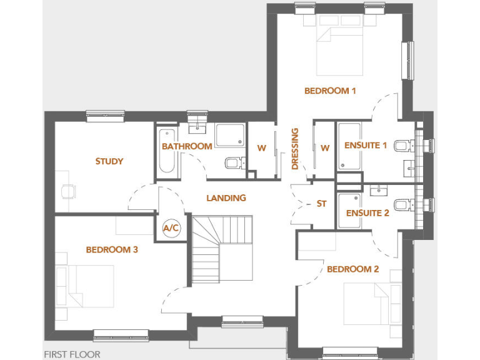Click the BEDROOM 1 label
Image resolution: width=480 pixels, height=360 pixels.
point(330,91)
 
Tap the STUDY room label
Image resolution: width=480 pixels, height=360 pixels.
point(109,161)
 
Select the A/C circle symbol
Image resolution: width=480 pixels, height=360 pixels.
point(171,228)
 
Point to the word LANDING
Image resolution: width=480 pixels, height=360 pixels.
point(226,198)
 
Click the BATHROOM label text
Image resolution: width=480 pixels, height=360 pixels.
point(187,146)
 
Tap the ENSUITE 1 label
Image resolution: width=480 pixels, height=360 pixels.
point(366,146)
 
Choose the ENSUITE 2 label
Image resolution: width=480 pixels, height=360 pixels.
point(367,213)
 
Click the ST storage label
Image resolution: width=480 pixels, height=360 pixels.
point(322,204)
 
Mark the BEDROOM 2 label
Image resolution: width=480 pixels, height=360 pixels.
point(353,269)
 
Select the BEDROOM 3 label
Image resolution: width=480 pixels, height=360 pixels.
point(112,250)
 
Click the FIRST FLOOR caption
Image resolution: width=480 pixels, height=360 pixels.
point(72,354)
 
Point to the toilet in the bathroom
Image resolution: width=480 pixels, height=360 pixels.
point(232,163)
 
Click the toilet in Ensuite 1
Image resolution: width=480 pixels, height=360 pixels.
point(404,146)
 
